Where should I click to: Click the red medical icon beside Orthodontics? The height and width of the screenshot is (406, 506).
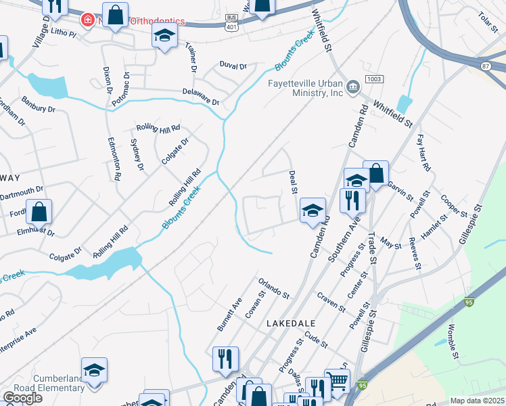coord(87,20)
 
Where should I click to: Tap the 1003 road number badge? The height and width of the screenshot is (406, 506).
coord(374,80)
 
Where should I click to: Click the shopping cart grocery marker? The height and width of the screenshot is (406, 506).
coord(337,381)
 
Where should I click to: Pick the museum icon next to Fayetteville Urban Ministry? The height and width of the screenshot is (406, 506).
coord(352,87)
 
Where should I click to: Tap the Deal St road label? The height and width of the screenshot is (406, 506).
coord(294,182)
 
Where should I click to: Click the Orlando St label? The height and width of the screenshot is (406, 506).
coord(273,287)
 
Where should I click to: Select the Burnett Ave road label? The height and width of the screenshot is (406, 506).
coord(229,314)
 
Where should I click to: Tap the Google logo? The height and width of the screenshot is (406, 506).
coord(22,398)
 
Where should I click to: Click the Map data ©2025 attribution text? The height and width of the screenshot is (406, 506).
coord(478,401)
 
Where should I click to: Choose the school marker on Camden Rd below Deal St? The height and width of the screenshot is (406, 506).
coord(313,210)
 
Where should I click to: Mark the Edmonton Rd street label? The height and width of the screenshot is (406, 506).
coord(113,158)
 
